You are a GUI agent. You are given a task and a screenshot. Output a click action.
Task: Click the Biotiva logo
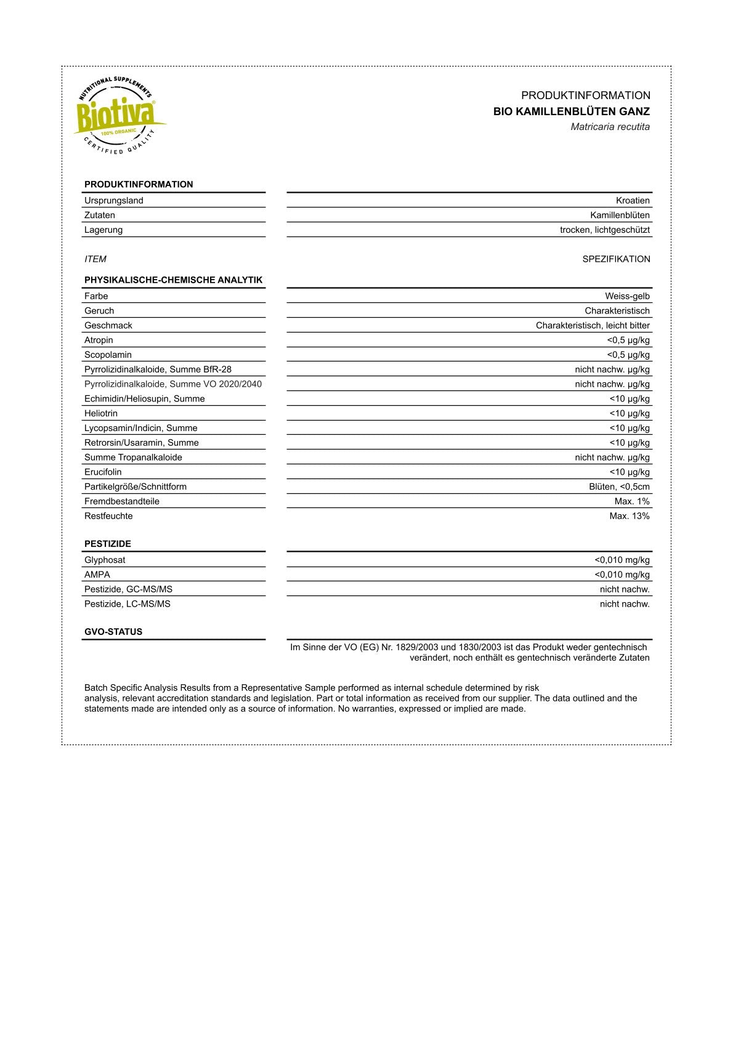118,115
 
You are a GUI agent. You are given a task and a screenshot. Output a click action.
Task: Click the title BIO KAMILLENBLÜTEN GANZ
571,111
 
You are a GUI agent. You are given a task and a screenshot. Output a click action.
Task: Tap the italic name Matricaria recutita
610,127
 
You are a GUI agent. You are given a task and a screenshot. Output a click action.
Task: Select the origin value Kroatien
633,200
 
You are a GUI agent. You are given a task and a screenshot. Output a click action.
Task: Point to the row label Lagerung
103,230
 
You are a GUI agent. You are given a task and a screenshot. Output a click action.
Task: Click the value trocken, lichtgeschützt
604,230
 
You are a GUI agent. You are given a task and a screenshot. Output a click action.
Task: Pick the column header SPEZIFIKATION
616,259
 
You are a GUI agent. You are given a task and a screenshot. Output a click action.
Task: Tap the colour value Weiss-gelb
627,296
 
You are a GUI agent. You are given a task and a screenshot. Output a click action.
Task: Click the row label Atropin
99,340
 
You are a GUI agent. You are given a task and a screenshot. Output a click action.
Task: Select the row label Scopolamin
108,355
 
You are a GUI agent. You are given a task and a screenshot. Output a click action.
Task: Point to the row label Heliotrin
101,413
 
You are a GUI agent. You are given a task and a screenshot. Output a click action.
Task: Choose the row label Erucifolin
103,472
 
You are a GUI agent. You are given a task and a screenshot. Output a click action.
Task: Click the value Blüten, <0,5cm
619,486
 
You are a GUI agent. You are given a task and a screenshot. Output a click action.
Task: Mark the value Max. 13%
630,516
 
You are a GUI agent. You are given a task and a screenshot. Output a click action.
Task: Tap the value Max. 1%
632,501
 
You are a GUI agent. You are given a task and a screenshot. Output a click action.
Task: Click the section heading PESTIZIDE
108,544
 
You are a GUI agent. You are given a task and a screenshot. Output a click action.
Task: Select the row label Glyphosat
105,560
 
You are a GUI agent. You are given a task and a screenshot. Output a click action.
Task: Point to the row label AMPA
97,575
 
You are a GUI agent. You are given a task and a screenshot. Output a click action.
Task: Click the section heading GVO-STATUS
113,632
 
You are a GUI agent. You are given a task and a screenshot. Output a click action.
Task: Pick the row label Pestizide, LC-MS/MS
128,604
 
